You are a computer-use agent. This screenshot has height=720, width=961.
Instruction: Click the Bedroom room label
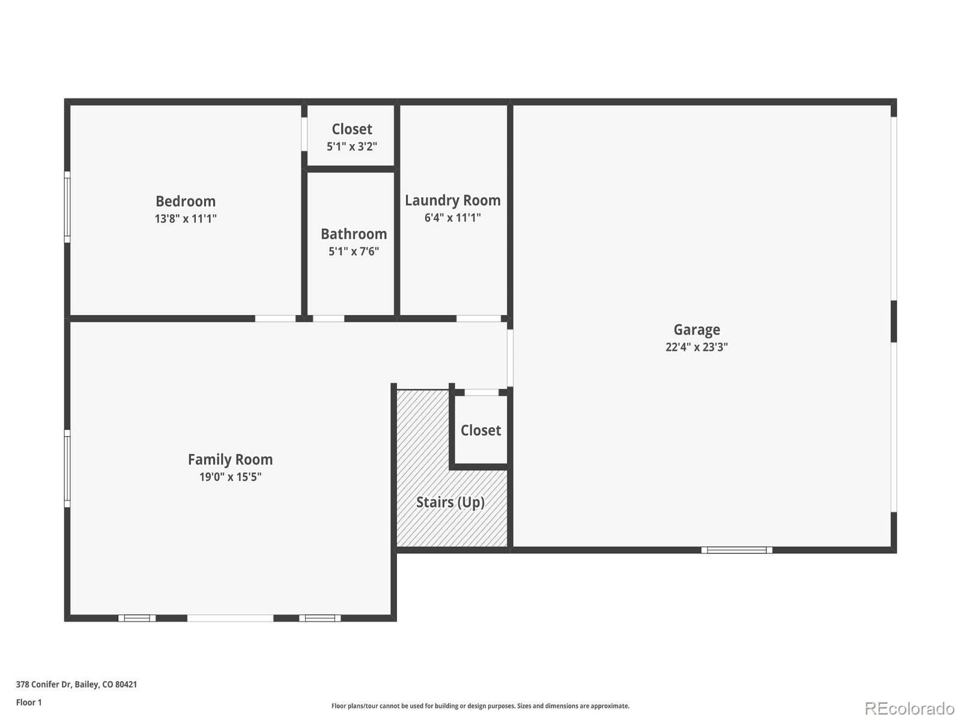click(x=186, y=202)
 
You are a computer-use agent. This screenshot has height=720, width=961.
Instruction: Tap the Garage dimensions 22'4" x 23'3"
click(x=697, y=347)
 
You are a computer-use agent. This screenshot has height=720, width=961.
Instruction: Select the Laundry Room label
click(x=453, y=200)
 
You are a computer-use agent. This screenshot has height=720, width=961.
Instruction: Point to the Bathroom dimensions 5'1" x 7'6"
click(x=354, y=251)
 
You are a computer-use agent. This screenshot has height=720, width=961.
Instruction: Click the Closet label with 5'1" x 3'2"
click(x=352, y=130)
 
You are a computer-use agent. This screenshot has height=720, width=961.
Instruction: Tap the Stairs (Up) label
click(x=450, y=502)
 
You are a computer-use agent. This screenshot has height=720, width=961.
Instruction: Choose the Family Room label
click(x=230, y=460)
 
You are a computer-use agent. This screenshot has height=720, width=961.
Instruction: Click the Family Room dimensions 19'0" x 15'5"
click(x=230, y=477)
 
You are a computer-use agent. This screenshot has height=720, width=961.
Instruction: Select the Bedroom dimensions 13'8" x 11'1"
click(x=186, y=218)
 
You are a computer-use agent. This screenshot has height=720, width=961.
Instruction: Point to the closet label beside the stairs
click(x=480, y=431)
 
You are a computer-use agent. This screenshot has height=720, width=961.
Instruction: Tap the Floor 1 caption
click(x=29, y=702)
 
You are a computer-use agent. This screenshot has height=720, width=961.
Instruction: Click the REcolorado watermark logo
click(x=910, y=708)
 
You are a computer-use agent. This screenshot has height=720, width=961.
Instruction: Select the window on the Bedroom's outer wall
click(x=67, y=207)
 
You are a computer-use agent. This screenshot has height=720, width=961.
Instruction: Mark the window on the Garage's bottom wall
click(x=737, y=550)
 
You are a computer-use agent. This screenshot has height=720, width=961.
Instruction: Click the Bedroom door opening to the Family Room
click(x=275, y=319)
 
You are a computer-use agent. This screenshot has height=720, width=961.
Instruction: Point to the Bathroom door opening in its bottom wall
click(x=329, y=319)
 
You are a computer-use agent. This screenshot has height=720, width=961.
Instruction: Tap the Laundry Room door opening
click(x=479, y=319)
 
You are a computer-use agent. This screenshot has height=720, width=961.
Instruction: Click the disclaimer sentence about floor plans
click(x=480, y=706)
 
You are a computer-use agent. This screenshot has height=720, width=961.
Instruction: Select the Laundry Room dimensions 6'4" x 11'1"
click(x=453, y=218)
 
